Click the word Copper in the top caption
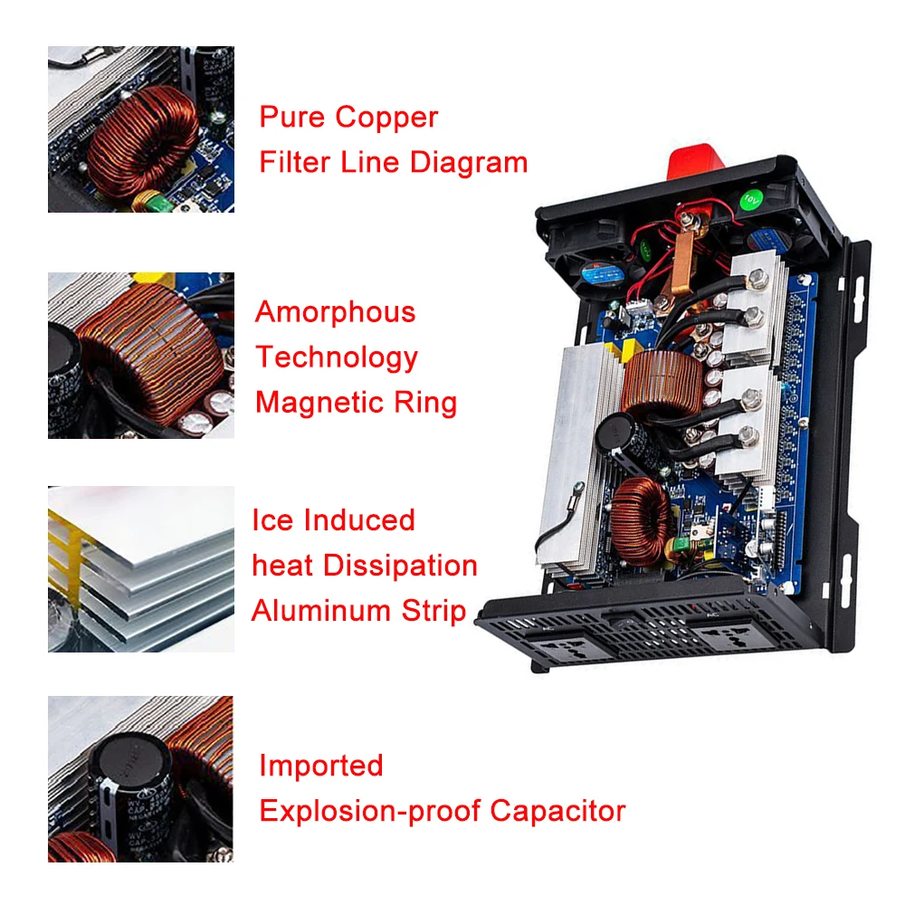386,119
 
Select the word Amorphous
336,312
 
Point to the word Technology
337,357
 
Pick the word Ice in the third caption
272,520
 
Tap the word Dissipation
400,565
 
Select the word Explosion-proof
370,812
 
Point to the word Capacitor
557,812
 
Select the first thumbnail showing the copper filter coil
141,129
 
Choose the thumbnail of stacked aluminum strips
141,569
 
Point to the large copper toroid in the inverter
663,383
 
